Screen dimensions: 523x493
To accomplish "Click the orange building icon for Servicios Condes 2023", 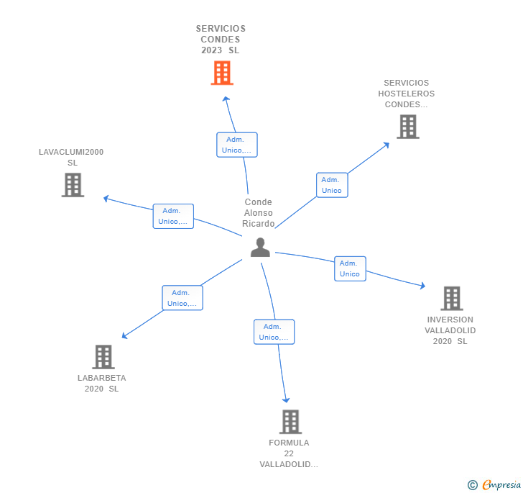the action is (x=222, y=73).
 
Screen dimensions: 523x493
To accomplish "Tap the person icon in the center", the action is (x=260, y=248).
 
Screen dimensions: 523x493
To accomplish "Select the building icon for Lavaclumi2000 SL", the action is (x=73, y=185).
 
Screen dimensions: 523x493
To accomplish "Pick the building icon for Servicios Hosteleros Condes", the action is (x=408, y=127).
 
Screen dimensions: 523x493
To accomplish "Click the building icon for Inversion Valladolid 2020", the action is (x=451, y=298).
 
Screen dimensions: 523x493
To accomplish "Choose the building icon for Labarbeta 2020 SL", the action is (x=103, y=357).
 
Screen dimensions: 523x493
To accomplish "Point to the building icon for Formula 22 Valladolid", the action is (x=290, y=422).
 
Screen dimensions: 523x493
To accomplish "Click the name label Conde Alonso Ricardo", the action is (x=259, y=213).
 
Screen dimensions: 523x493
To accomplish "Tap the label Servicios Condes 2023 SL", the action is (x=221, y=40).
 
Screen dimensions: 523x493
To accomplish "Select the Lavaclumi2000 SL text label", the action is (x=71, y=157).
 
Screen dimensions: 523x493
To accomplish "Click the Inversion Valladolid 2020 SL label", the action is (x=450, y=330).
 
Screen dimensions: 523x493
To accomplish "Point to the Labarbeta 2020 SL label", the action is (x=101, y=383).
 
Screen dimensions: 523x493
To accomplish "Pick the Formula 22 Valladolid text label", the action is (x=289, y=453).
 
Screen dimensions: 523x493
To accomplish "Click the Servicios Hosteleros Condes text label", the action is (x=406, y=94).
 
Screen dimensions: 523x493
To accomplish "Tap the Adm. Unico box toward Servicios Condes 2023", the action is (x=237, y=145).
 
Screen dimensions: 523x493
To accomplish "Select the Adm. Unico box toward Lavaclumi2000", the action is (x=173, y=216).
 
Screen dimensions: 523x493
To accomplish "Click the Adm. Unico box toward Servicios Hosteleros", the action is (x=332, y=185).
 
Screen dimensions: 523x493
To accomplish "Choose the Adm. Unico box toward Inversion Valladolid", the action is (x=350, y=268).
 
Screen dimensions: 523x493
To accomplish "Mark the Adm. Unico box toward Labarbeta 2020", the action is (x=182, y=298).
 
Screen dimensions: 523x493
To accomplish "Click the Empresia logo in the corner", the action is (x=495, y=485).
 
